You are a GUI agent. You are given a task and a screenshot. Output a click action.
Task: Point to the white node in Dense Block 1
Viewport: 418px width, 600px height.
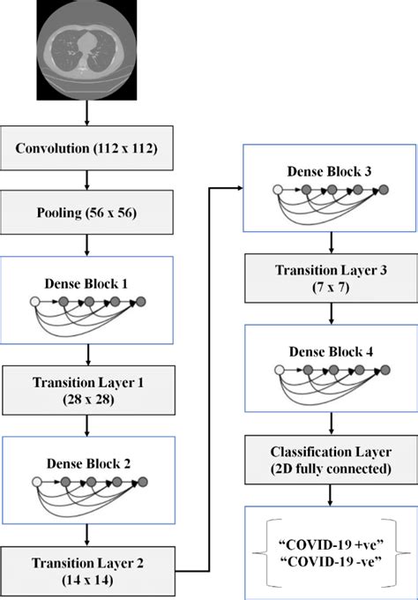[x=36, y=303]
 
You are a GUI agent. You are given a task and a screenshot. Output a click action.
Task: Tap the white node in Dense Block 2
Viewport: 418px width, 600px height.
[x=36, y=482]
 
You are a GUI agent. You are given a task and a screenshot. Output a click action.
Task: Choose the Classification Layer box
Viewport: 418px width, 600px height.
[x=331, y=459]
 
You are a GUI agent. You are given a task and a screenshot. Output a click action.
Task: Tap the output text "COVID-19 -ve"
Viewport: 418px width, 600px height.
[x=331, y=562]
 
